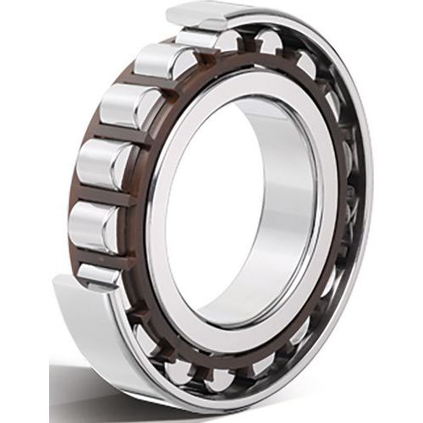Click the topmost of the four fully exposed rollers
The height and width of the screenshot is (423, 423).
click(161, 61)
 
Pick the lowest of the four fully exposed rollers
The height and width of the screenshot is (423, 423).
click(95, 225)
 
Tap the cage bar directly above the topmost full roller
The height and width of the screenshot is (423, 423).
click(182, 47)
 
